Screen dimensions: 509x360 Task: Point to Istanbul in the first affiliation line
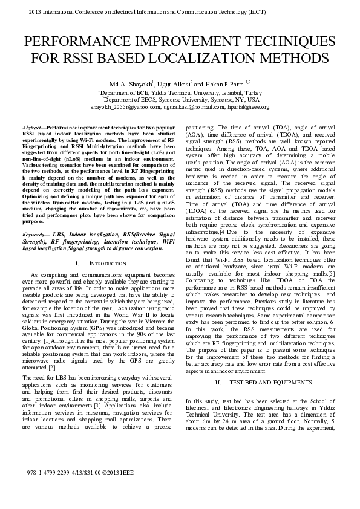point(220,91)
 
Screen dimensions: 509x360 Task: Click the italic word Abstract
point(31,129)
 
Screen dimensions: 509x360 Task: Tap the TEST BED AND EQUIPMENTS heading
point(270,383)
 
